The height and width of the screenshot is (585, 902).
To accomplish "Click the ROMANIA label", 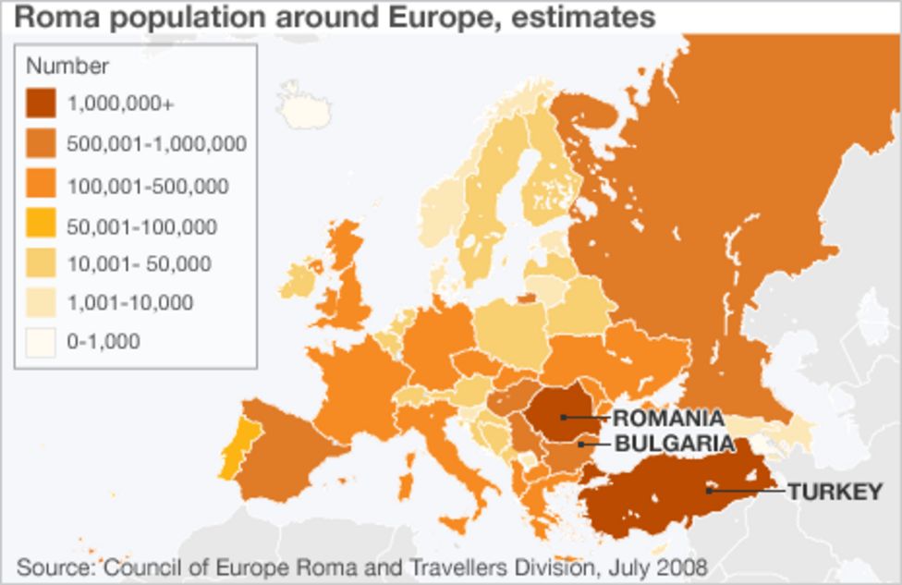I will tap(668, 419).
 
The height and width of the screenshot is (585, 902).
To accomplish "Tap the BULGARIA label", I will tap(675, 444).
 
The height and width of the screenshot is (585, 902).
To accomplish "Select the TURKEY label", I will tap(835, 492).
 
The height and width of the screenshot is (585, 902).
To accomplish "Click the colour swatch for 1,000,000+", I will tap(41, 103).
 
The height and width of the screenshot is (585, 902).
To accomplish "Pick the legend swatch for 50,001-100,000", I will tap(41, 225).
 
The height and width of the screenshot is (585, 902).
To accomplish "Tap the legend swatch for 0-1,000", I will tap(41, 342).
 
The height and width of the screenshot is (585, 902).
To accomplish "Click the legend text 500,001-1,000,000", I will tap(156, 144).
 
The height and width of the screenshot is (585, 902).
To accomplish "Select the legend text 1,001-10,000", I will tap(129, 303).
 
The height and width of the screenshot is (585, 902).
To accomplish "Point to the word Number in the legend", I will tap(67, 67).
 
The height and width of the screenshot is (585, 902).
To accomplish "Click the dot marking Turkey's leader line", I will tap(709, 490).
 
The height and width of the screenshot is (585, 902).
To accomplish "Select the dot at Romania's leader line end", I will tap(563, 418).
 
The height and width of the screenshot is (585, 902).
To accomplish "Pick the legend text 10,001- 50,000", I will tap(139, 264).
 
